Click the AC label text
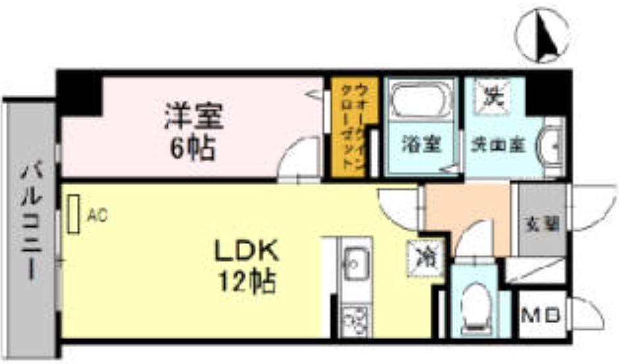(x=97, y=214)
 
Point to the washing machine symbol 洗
(x=491, y=97)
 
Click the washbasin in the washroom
(x=551, y=141)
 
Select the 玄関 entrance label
(x=541, y=223)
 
